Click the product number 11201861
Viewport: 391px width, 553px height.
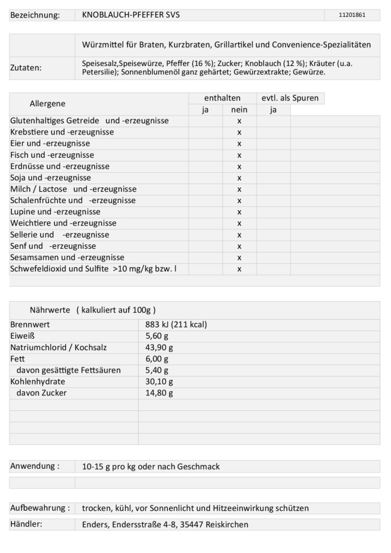coord(351,14)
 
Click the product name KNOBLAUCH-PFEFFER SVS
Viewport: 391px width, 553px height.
coord(131,14)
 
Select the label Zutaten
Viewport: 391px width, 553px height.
coord(26,68)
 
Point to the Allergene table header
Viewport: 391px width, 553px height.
coord(47,103)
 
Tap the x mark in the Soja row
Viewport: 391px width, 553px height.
coord(239,178)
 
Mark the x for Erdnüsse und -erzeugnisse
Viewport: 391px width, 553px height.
coord(239,167)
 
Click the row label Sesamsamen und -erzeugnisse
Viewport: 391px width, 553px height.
coord(67,257)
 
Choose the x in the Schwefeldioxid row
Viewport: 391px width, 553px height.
coord(239,269)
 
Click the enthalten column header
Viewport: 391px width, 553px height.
coord(222,98)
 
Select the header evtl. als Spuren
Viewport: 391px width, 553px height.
coord(290,98)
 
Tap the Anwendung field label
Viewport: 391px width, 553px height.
coord(35,466)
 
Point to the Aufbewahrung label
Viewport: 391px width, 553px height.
coord(40,508)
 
